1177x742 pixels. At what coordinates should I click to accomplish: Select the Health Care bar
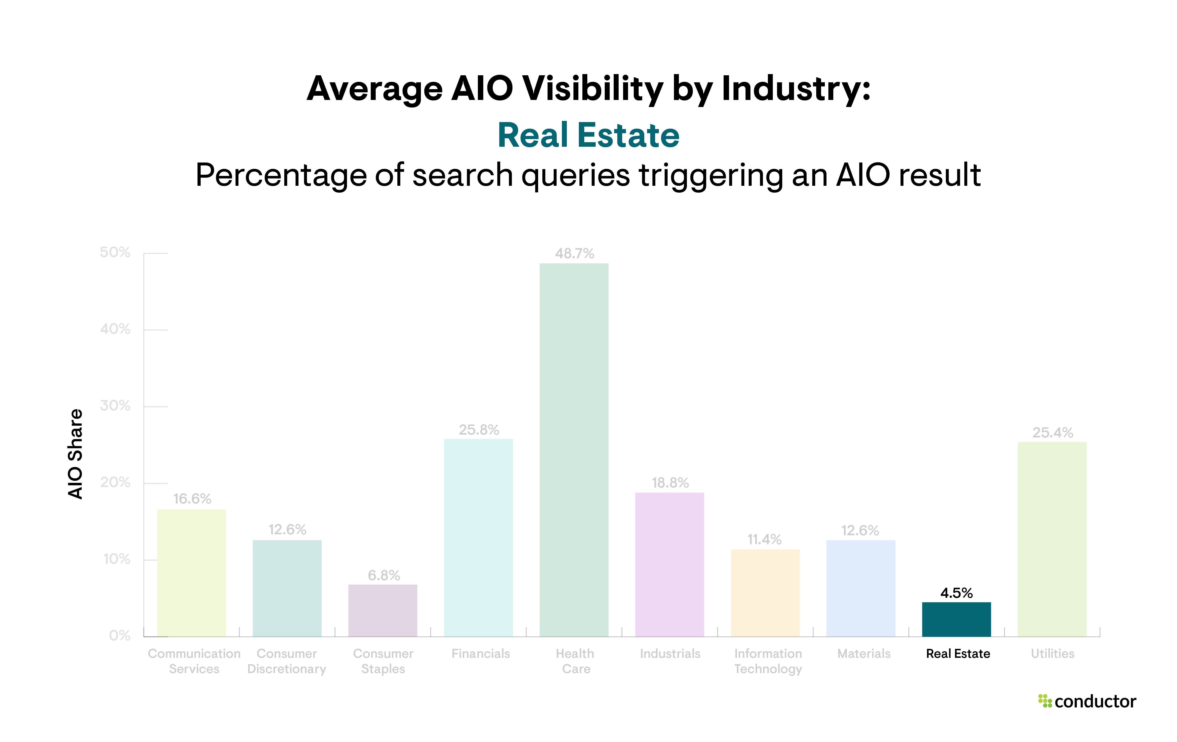pyautogui.click(x=574, y=449)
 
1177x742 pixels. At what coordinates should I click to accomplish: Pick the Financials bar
pyautogui.click(x=478, y=537)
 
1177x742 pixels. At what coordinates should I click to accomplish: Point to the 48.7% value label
pyautogui.click(x=574, y=254)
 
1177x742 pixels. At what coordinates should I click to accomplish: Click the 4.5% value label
pyautogui.click(x=956, y=593)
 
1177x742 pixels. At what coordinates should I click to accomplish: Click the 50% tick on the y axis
pyautogui.click(x=115, y=253)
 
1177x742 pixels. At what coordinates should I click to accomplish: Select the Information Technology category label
pyautogui.click(x=768, y=661)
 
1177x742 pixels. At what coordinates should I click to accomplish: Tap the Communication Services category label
pyautogui.click(x=194, y=661)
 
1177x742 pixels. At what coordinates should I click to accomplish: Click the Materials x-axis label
pyautogui.click(x=864, y=654)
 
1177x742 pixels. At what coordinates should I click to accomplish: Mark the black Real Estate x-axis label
pyautogui.click(x=958, y=654)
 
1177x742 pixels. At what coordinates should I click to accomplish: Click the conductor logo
pyautogui.click(x=1087, y=702)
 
